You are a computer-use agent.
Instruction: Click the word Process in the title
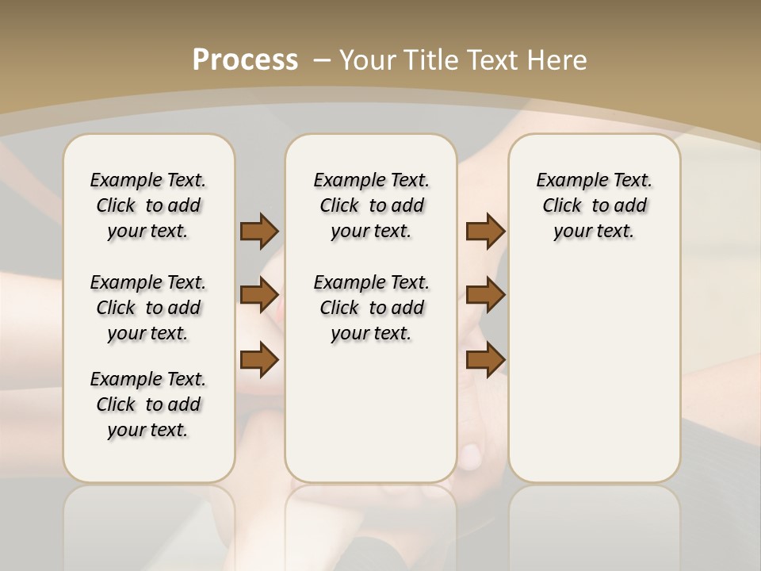(x=245, y=60)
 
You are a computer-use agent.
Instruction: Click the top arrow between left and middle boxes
(x=259, y=231)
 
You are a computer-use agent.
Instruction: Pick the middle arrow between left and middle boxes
(x=259, y=295)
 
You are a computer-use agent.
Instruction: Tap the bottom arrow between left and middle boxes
(x=259, y=359)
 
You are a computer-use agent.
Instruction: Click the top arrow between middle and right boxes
(x=485, y=231)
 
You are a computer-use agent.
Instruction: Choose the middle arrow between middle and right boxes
(x=485, y=295)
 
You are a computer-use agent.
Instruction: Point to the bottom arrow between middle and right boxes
(x=485, y=359)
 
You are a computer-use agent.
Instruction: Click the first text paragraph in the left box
(x=148, y=205)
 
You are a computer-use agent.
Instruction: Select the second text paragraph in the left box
(x=148, y=308)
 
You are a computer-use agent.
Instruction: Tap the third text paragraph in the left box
(x=148, y=404)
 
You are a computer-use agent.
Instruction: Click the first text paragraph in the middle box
(x=371, y=205)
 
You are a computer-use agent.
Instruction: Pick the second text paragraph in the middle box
(x=371, y=308)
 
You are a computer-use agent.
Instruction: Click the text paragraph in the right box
(x=594, y=205)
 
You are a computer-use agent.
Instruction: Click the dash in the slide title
(x=322, y=60)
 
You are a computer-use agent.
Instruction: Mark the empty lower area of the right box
(x=594, y=373)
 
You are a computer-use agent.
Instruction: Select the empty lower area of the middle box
(x=371, y=412)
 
